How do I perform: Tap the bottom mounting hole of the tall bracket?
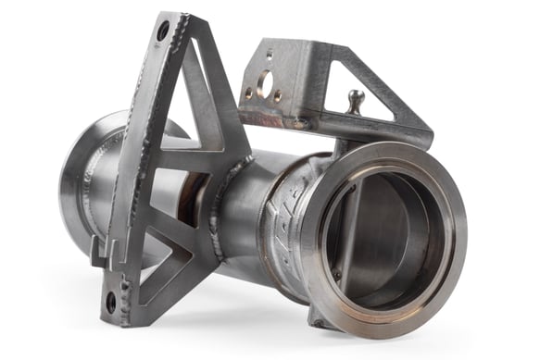point(111,302)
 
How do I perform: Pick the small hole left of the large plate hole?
point(248,92)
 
